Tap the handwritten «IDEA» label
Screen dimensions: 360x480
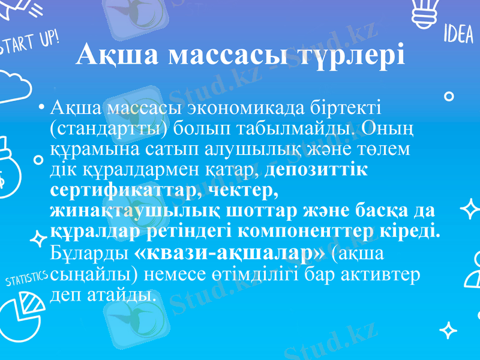[458, 35]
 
